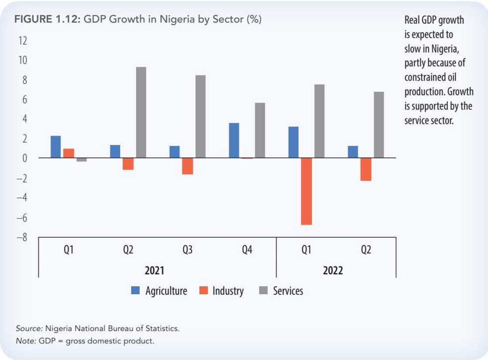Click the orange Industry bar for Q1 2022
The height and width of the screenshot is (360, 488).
tap(306, 191)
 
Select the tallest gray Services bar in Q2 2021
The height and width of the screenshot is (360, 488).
tap(141, 112)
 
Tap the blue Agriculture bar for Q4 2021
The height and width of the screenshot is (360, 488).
tap(234, 140)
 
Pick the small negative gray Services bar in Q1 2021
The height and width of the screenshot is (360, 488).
tap(81, 159)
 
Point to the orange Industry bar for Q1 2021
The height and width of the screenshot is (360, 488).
tap(69, 153)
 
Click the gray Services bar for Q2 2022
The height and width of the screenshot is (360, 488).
tap(379, 124)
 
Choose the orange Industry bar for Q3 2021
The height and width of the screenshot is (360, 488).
tap(187, 166)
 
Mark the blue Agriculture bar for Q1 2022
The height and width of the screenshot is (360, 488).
tap(293, 142)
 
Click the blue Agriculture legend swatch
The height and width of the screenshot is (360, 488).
tap(136, 291)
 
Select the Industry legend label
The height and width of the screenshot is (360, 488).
tap(228, 291)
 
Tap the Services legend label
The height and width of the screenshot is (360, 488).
tap(288, 291)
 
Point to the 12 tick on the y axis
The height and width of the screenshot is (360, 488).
tap(22, 41)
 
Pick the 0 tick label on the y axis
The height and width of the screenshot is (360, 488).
tap(24, 158)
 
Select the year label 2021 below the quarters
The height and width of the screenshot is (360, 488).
tap(154, 270)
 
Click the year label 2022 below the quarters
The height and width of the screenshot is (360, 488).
tap(333, 270)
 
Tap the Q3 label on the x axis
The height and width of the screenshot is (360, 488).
tap(187, 250)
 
